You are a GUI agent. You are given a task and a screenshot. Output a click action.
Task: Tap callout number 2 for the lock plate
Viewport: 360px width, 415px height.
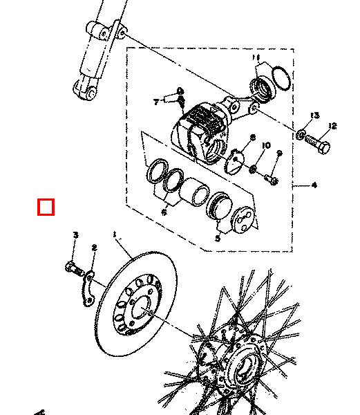click(x=94, y=248)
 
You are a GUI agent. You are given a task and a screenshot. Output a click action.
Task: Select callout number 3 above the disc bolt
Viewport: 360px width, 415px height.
click(x=75, y=237)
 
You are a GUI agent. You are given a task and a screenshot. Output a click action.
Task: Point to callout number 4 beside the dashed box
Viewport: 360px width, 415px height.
click(x=314, y=185)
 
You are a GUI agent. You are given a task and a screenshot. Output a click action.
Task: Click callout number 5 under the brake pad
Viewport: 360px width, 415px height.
click(x=218, y=238)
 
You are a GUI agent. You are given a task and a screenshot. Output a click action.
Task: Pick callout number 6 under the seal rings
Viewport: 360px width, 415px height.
click(x=164, y=212)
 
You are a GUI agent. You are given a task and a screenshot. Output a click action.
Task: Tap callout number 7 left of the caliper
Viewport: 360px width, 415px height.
click(x=156, y=102)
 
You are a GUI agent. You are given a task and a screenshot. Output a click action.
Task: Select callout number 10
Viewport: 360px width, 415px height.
click(x=267, y=144)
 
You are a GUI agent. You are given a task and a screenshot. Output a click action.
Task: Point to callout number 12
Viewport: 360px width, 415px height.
click(x=332, y=126)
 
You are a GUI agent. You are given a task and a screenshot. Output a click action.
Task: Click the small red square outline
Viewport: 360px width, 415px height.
click(x=46, y=207)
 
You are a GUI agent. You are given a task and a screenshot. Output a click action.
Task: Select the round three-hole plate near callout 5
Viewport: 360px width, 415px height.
click(x=243, y=221)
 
